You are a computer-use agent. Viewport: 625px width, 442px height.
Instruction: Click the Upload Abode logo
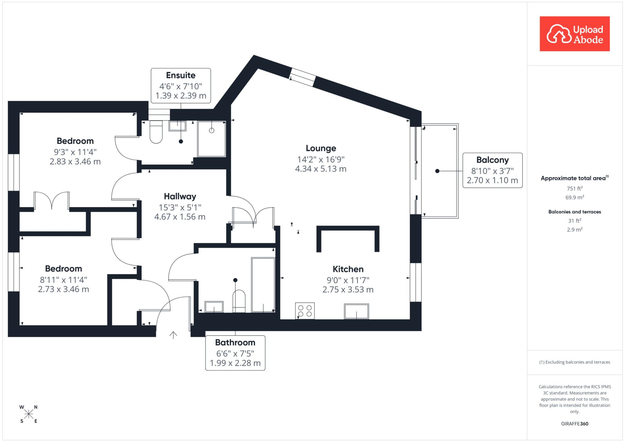[575, 34]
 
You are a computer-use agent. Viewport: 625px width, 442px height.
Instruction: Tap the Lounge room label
[321, 148]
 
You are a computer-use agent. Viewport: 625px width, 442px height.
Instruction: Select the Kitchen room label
[348, 269]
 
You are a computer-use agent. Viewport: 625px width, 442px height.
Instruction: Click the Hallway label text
[180, 196]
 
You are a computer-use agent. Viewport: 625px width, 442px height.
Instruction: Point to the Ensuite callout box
[181, 85]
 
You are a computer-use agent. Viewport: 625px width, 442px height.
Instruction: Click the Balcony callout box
[493, 170]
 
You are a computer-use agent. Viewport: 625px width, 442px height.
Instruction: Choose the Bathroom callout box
[235, 353]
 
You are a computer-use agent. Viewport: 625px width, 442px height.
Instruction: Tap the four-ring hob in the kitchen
[305, 311]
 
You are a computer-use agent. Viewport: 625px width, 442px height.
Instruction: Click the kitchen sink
[356, 311]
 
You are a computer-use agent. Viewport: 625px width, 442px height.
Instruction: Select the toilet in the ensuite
[156, 132]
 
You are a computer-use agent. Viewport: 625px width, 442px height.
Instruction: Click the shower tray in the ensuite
[211, 139]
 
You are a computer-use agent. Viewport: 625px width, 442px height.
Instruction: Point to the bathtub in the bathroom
[263, 285]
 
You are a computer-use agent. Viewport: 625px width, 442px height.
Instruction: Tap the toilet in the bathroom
[239, 301]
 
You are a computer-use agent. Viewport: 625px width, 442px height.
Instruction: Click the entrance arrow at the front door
[173, 335]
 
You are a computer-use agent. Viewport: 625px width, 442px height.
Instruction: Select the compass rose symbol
[29, 414]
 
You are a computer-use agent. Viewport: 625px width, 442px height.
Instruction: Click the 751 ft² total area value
[575, 189]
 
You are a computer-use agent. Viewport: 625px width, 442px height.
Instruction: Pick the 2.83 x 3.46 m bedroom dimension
[75, 161]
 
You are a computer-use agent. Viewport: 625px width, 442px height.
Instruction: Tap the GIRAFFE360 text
[575, 424]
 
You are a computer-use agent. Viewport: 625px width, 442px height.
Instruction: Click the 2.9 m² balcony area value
[575, 229]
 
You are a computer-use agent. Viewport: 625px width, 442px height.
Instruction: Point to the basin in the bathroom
[214, 307]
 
